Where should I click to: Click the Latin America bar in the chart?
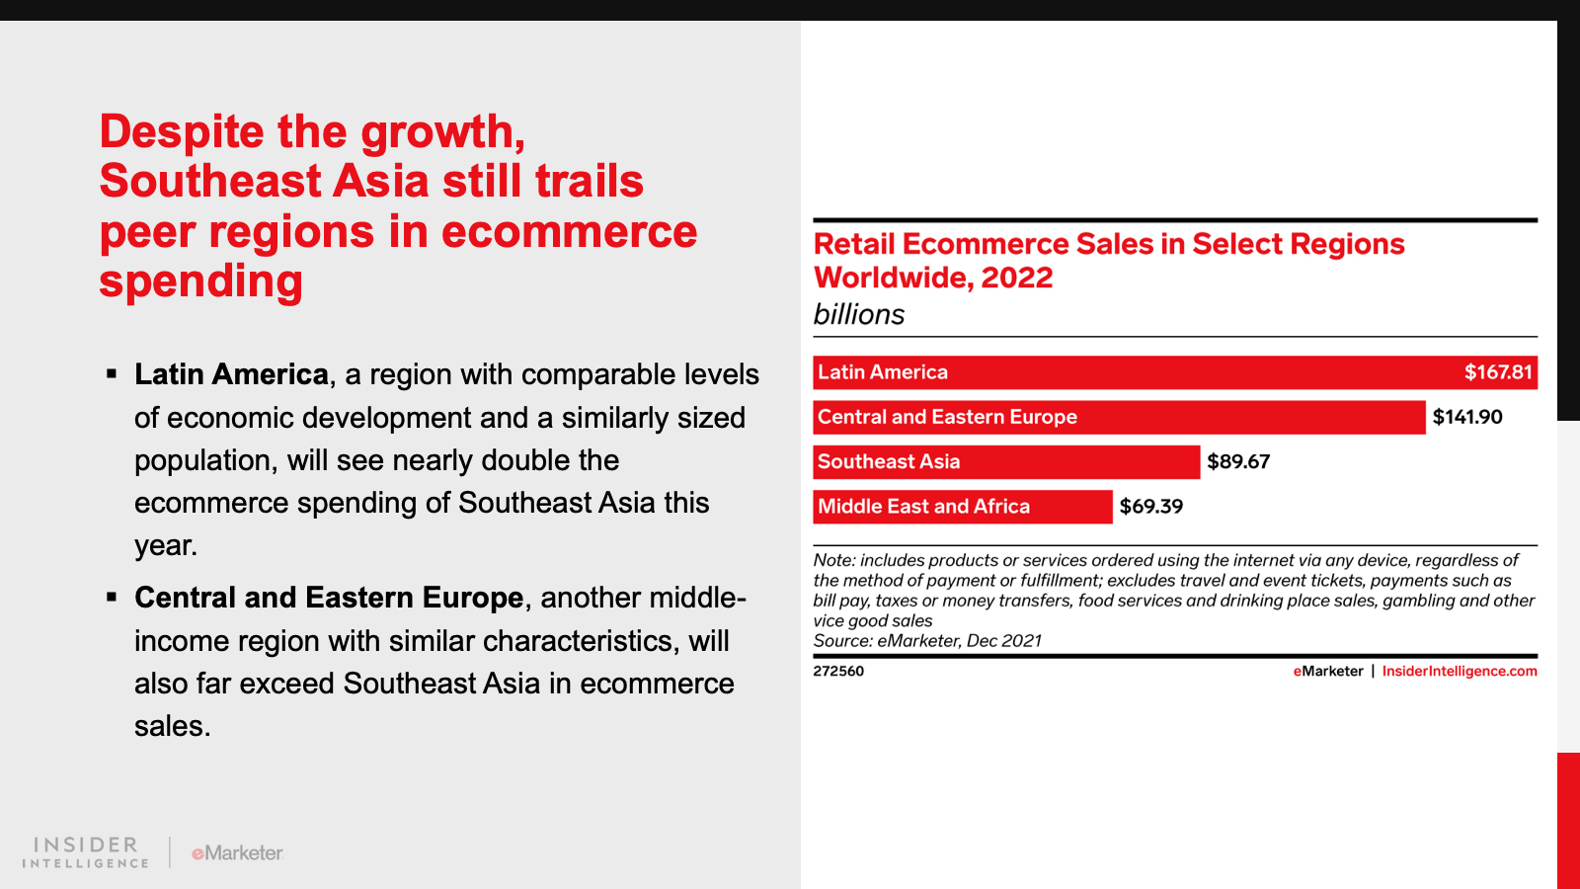(x=1175, y=372)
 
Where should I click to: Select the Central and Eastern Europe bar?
(x=1120, y=417)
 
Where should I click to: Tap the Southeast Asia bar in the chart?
(x=1006, y=462)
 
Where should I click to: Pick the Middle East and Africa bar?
(x=963, y=507)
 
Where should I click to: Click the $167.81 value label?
(x=1498, y=372)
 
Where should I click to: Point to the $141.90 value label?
(x=1467, y=417)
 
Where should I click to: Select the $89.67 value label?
(x=1238, y=462)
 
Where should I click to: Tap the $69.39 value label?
(x=1151, y=507)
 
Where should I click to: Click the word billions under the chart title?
(x=858, y=315)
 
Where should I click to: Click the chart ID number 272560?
(x=838, y=671)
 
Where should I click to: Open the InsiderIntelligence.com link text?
(x=1460, y=671)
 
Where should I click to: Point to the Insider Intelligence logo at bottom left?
(x=85, y=852)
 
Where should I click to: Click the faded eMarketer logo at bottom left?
(x=237, y=853)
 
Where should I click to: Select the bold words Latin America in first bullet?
(x=231, y=374)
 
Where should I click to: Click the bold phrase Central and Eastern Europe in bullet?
(x=329, y=598)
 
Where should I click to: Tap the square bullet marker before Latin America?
(x=112, y=374)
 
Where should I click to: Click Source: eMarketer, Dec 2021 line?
(x=927, y=641)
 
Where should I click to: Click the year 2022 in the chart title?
(x=1017, y=278)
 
